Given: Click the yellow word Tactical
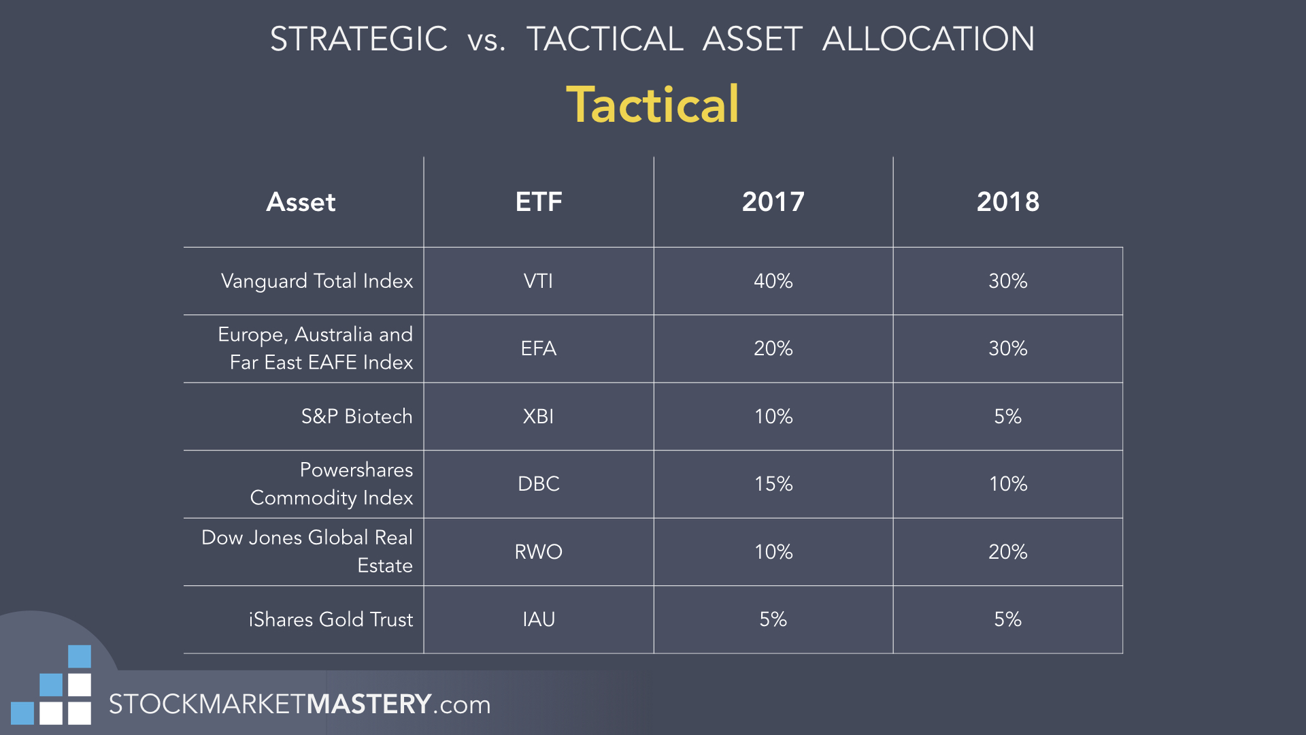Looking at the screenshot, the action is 652,105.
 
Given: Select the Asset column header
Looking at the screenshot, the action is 301,202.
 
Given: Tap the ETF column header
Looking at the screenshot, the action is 539,202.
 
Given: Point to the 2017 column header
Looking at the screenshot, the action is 773,202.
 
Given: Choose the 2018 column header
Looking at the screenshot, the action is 1008,202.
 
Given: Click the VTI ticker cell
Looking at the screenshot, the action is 538,281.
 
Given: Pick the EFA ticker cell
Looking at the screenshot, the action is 538,348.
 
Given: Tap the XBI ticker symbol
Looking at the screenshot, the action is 538,416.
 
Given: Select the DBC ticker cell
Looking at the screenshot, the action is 538,484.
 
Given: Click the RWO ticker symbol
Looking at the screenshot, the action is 538,552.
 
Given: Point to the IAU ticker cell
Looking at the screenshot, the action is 538,619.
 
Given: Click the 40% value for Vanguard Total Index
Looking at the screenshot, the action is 773,281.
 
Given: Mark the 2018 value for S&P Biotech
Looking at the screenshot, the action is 1008,416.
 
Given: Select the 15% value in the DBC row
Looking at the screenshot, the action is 773,484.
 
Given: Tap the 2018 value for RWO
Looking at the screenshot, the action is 1008,552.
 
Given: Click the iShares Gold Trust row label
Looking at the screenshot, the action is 331,619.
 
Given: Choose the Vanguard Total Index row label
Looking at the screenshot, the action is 317,282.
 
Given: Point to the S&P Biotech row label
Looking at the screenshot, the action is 356,416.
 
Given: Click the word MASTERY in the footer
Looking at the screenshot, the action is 369,704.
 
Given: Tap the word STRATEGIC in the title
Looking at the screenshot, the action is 358,39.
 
